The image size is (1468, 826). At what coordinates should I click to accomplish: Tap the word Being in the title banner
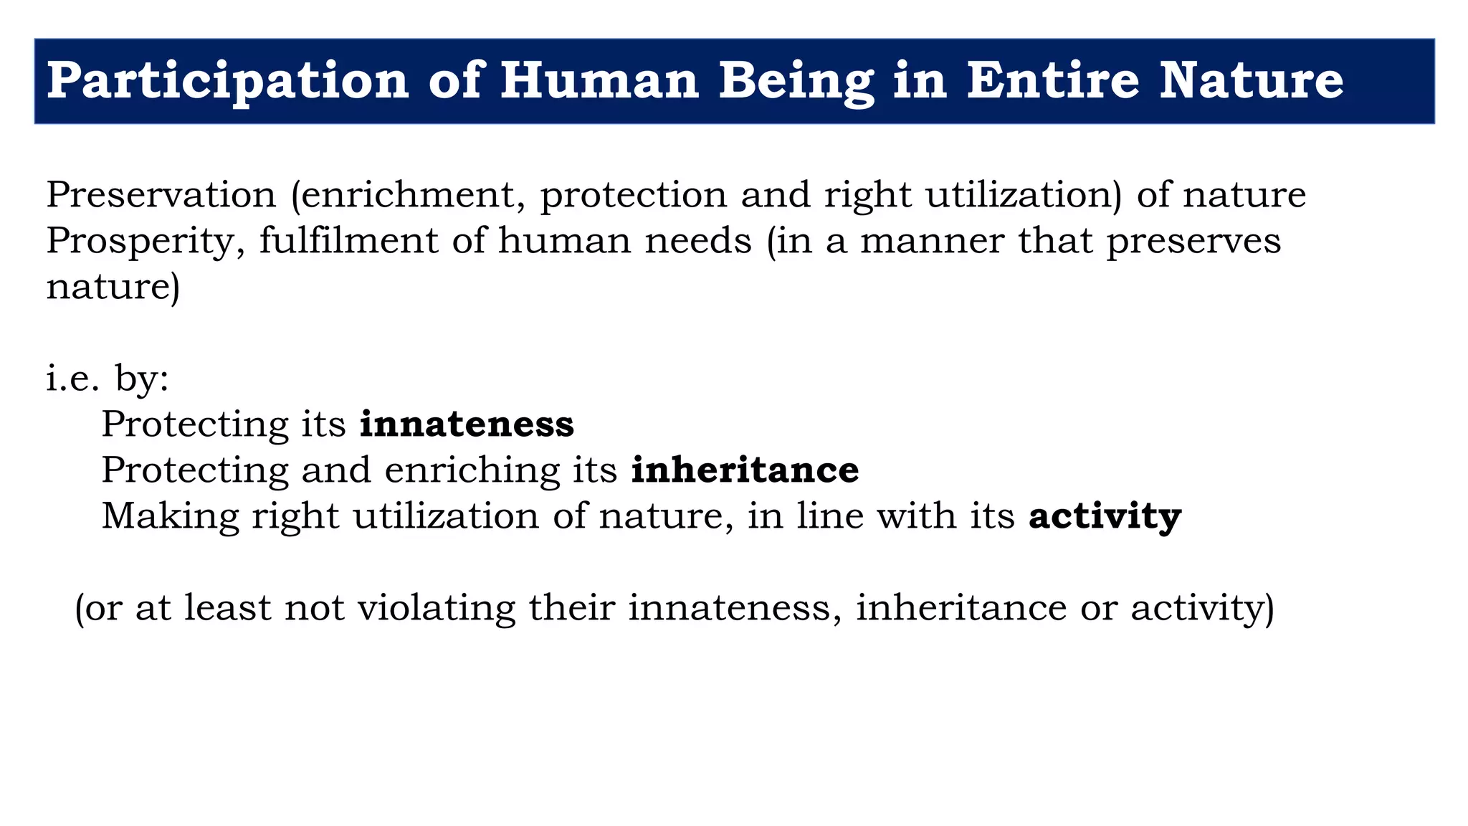(x=796, y=80)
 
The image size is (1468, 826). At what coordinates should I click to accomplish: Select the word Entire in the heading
(x=1053, y=80)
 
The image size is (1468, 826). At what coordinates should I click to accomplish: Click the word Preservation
(x=161, y=194)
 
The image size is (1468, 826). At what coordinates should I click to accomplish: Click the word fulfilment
(x=348, y=240)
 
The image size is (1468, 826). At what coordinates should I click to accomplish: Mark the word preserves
(x=1193, y=240)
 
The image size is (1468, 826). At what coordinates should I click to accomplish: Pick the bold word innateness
(x=467, y=424)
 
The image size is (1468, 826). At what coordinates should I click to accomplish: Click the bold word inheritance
(x=745, y=470)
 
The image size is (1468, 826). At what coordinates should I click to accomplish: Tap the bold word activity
(x=1105, y=516)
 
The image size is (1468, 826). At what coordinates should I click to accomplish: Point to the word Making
(x=170, y=516)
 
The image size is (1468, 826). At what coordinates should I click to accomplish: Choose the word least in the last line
(x=228, y=607)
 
